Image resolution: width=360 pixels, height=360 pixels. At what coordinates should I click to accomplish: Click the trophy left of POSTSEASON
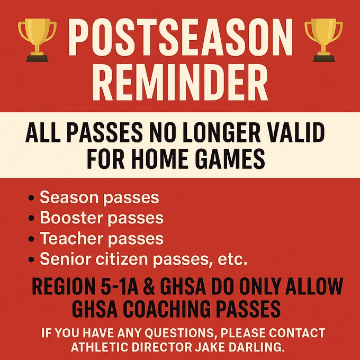tap(37, 40)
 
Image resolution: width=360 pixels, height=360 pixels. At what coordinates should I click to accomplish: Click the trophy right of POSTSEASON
tap(323, 40)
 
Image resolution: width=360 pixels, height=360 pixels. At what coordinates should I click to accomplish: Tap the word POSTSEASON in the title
tap(181, 38)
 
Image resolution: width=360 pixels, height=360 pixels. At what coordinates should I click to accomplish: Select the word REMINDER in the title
tap(180, 82)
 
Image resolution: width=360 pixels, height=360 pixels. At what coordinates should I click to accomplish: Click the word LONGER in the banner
tap(221, 132)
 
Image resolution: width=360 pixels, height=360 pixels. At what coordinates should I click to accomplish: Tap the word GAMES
tap(230, 159)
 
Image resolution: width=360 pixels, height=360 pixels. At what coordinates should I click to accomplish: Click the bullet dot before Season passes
tap(31, 197)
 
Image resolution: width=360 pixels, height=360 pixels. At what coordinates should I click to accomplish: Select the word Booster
tap(70, 218)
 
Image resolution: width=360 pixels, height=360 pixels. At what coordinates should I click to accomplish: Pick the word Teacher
tap(71, 238)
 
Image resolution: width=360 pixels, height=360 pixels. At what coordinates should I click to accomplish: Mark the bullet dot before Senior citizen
tap(31, 259)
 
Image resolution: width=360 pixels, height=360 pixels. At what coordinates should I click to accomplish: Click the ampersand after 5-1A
tap(149, 287)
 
